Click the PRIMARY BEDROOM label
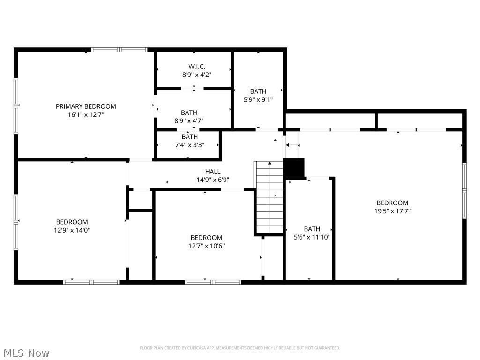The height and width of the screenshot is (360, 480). point(86,106)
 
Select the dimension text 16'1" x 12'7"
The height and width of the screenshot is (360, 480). point(86,114)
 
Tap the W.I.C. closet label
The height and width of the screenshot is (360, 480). point(194,67)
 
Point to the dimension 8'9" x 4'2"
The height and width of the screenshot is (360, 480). point(194,75)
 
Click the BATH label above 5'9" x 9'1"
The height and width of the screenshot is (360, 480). point(258,91)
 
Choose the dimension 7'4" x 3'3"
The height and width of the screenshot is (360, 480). point(189,145)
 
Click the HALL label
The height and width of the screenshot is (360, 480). point(212,172)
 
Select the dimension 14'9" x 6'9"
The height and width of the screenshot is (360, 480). point(212,180)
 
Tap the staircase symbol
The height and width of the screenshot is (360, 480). point(270,197)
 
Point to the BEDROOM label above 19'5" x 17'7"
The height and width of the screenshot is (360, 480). point(392,202)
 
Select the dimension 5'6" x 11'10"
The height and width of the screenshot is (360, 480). point(312,237)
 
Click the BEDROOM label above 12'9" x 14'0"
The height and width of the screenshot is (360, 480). point(72,222)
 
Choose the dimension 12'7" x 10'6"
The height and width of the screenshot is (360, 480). point(206,246)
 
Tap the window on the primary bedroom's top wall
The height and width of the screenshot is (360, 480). point(119,49)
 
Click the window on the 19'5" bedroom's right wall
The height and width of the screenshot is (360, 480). point(464,190)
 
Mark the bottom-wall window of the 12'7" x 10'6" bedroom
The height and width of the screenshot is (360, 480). point(213,282)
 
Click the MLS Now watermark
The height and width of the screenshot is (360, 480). point(26,352)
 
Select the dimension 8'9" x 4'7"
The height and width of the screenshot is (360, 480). point(189,120)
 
